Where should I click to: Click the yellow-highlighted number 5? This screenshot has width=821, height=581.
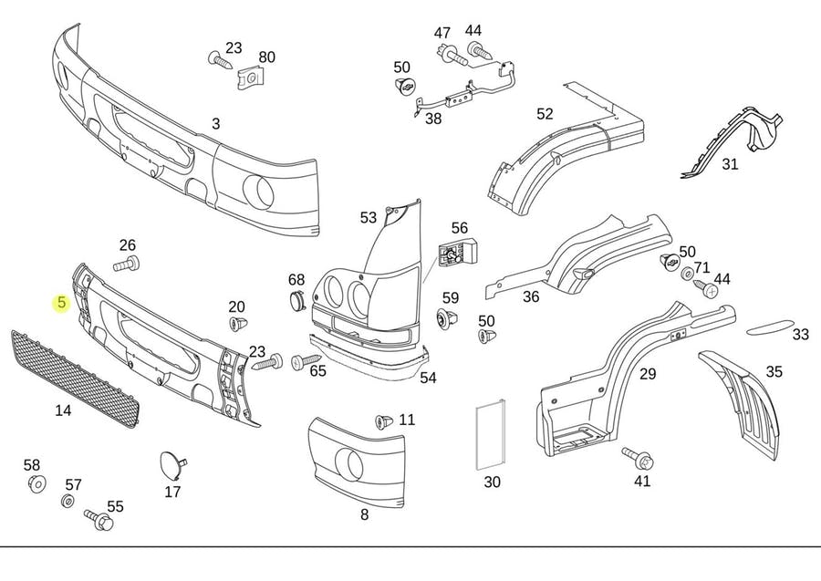(61, 303)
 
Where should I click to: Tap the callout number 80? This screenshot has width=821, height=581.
(266, 57)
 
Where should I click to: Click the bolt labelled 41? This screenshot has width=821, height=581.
(636, 455)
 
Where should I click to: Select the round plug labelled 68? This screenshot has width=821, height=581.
(297, 302)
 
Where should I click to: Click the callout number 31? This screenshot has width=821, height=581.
(730, 164)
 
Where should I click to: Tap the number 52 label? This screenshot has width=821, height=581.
(545, 114)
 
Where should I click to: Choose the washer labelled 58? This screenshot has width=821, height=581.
(36, 483)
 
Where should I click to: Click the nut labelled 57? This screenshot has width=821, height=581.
(68, 502)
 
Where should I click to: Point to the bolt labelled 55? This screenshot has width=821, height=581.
(99, 520)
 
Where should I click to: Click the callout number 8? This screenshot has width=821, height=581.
(364, 514)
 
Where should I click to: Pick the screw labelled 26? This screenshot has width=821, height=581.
(127, 265)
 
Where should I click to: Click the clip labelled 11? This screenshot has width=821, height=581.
(384, 421)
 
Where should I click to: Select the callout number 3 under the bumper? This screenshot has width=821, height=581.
(216, 123)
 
